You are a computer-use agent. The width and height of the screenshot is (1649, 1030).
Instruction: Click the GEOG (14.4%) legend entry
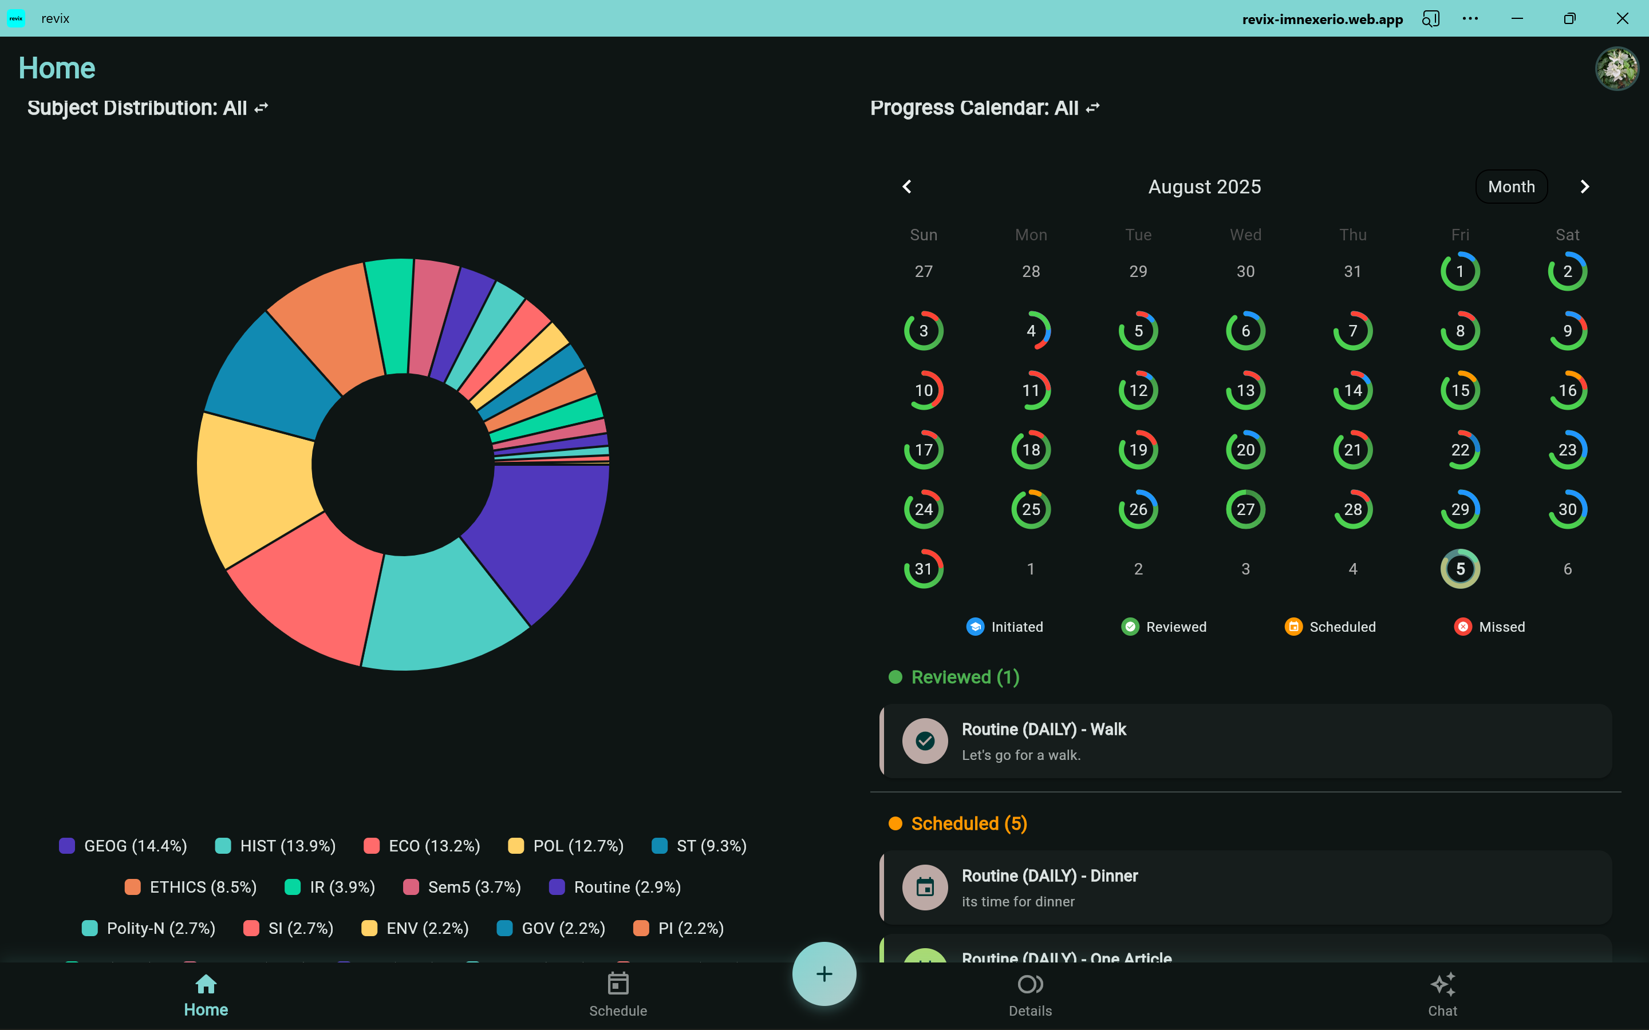pos(123,846)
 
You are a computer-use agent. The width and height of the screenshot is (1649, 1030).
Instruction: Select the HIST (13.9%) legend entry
pos(275,846)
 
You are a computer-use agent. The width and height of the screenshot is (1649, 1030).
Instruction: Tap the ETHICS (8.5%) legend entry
pos(191,887)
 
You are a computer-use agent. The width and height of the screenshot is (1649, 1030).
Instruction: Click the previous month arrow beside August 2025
pos(907,187)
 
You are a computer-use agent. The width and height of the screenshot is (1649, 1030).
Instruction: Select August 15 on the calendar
pos(1459,390)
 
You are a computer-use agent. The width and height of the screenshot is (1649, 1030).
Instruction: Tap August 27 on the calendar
pos(1245,509)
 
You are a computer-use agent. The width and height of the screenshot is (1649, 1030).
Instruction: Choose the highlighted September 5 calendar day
pos(1459,569)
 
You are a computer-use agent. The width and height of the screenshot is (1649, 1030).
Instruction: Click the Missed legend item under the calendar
pos(1490,627)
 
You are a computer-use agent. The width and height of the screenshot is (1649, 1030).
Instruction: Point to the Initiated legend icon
pos(975,627)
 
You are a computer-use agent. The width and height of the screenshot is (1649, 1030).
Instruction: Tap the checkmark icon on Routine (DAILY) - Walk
pos(925,741)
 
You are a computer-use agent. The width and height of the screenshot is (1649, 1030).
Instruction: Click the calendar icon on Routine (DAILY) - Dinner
pos(925,888)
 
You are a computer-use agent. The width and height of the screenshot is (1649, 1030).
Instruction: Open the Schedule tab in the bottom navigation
pos(618,995)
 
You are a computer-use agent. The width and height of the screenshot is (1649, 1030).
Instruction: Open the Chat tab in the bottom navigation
pos(1442,995)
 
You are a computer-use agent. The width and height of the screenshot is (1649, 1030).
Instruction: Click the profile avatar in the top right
pos(1616,68)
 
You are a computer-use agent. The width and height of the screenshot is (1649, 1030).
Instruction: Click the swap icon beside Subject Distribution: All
pos(261,108)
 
